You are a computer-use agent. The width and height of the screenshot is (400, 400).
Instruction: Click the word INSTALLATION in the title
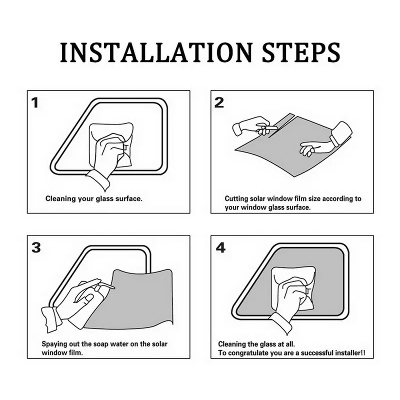coord(156,52)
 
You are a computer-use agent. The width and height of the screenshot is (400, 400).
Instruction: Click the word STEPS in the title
coord(301,52)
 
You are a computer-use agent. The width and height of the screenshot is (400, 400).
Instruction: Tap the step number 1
coord(35,103)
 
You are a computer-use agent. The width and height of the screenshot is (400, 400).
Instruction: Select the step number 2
coord(219,102)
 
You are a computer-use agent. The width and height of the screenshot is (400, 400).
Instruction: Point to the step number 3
coord(36,247)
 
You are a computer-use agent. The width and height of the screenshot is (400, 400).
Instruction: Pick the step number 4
coord(220,247)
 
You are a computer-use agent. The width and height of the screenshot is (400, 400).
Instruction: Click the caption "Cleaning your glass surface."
coord(94,198)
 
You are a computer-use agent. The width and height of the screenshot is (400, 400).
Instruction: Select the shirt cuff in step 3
coord(50,319)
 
